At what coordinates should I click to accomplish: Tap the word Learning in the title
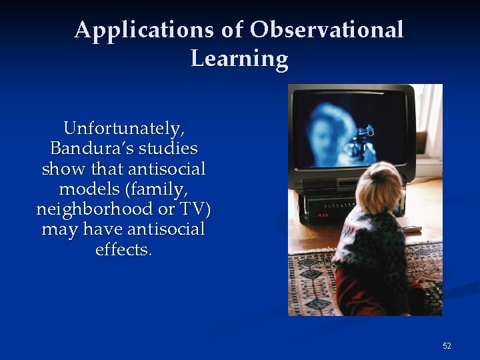(239, 59)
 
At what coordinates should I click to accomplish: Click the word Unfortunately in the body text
(123, 127)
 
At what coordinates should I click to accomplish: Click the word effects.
(123, 251)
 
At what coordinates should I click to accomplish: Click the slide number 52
(447, 346)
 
